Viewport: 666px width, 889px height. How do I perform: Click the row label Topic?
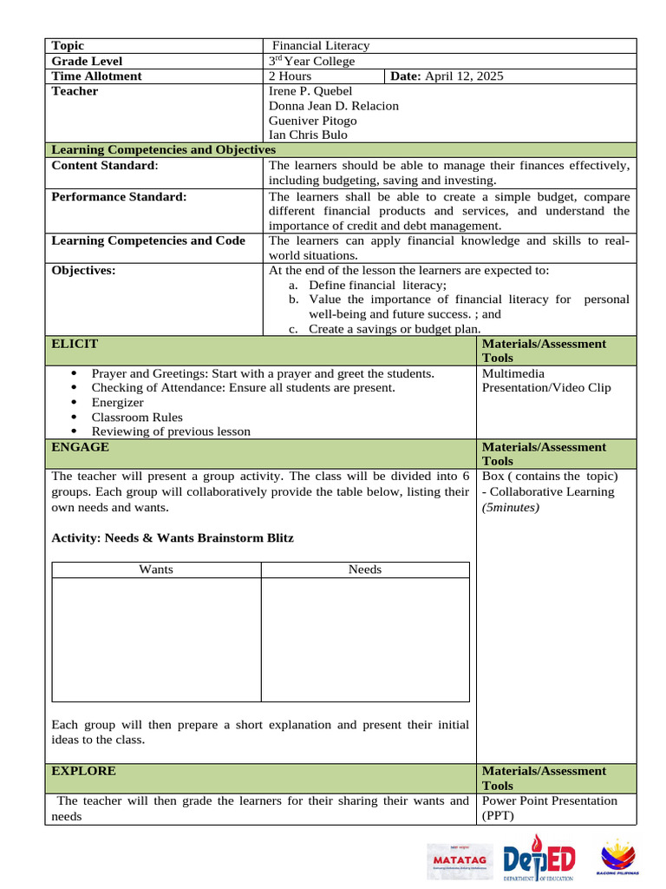(x=68, y=46)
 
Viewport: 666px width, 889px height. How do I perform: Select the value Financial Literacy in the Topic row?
(x=321, y=46)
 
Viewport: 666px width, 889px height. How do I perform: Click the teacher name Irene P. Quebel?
(x=310, y=91)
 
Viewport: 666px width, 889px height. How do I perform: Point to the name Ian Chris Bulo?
(x=305, y=135)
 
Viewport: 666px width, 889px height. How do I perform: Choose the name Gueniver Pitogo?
(x=312, y=121)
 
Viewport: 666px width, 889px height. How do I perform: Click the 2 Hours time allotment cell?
(x=291, y=76)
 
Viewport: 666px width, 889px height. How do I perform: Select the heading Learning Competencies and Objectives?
(x=163, y=150)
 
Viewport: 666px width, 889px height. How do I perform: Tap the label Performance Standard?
(x=119, y=197)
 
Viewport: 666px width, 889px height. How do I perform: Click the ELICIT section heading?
(x=75, y=344)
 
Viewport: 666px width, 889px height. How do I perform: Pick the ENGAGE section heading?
(x=80, y=447)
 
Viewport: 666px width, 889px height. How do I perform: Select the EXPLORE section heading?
(x=83, y=771)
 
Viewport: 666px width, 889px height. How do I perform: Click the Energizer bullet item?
(x=118, y=403)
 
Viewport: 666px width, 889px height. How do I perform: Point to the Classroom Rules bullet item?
(x=137, y=418)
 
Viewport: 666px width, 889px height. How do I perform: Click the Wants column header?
(x=156, y=570)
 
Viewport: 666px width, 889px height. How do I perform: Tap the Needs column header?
(x=365, y=570)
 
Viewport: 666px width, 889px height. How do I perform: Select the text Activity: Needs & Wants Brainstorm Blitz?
(x=173, y=538)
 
